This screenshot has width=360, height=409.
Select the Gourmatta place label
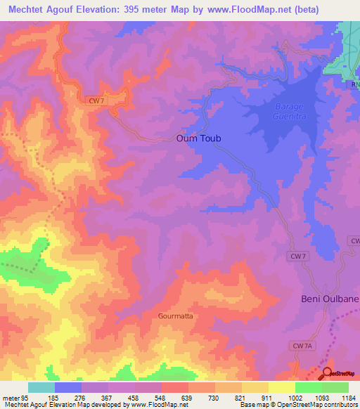coord(175,316)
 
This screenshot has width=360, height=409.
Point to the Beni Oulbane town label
coord(330,299)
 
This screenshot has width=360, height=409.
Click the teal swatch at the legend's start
coord(41,387)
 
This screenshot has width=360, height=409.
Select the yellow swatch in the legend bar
coord(281,387)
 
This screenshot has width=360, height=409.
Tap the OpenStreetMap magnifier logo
coord(327,372)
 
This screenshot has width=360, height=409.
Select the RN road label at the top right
coord(355,85)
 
